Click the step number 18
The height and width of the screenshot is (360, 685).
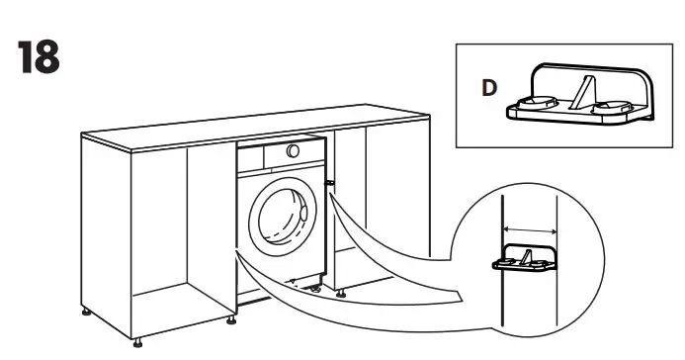(x=40, y=58)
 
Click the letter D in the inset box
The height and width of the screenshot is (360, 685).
(x=488, y=86)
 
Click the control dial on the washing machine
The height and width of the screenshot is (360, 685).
(x=293, y=149)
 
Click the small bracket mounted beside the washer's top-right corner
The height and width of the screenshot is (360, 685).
(x=329, y=184)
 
